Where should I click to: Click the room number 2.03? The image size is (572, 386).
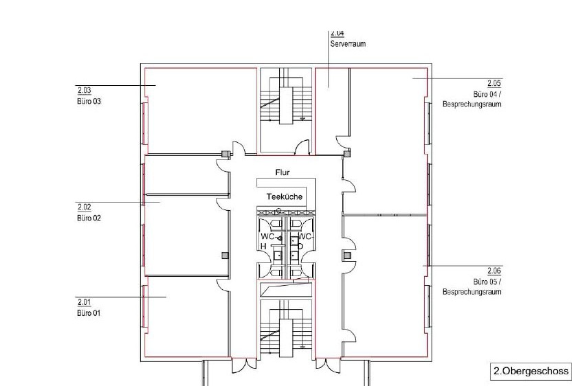coord(84,90)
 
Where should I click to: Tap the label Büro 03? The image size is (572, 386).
coord(89,102)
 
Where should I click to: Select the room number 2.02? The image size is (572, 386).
coord(84,207)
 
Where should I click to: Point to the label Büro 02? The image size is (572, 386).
coord(89,218)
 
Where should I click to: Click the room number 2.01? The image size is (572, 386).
coord(84,302)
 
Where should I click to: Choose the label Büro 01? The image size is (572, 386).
coord(89,313)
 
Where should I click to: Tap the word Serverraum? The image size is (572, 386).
coord(348,44)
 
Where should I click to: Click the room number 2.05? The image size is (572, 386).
coord(494,83)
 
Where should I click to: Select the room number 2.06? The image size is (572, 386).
coord(494,271)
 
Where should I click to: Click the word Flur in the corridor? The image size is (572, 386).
coord(283,172)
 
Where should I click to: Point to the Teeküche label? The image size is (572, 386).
coord(285,197)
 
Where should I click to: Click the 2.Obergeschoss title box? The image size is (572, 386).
coord(531,371)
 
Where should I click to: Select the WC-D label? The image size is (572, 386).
coord(306,241)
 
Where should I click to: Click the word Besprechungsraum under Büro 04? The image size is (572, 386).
coord(472,104)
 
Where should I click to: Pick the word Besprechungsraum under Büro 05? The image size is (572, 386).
coord(472,292)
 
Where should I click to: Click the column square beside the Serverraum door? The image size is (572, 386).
coord(347,153)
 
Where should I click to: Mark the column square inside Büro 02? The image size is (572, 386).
coord(225,256)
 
